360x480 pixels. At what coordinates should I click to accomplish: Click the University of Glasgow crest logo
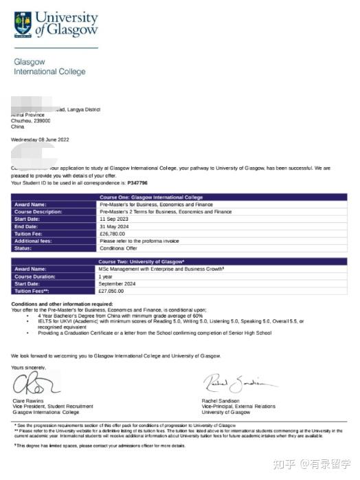(22, 24)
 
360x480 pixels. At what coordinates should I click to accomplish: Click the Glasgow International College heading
(49, 67)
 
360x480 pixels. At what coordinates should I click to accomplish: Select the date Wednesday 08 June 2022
(40, 140)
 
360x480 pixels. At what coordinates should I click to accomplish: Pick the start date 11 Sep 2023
(113, 219)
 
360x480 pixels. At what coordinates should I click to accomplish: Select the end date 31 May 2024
(114, 226)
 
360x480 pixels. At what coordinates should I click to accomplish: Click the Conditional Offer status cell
(117, 248)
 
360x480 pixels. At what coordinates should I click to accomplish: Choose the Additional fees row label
(34, 241)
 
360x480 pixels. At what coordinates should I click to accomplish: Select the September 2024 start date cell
(117, 283)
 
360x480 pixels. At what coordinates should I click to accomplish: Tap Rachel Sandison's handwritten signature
(237, 383)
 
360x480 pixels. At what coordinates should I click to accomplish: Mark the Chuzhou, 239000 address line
(31, 121)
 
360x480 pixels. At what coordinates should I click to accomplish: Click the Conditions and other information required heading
(62, 304)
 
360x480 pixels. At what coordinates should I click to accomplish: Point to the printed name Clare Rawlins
(29, 401)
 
